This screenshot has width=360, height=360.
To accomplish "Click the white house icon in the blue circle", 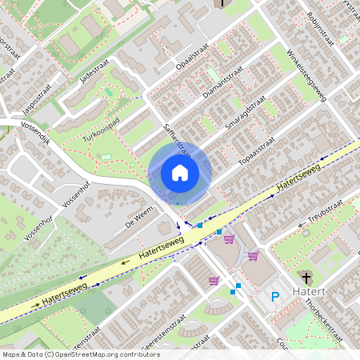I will (x=180, y=173).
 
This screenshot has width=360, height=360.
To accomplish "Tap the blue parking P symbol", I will (x=275, y=297).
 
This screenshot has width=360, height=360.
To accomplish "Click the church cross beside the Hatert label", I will (x=307, y=278).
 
